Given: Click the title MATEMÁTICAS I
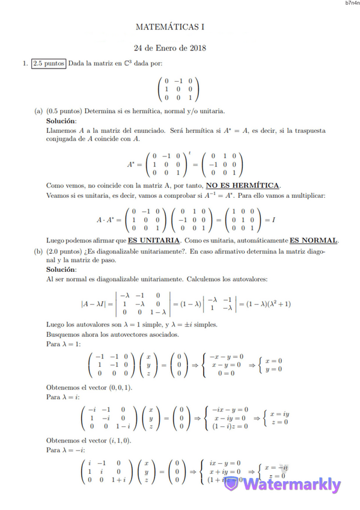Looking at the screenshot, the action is [170, 27].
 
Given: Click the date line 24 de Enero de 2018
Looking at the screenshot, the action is [170, 48].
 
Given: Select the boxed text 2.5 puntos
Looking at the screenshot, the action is [49, 63].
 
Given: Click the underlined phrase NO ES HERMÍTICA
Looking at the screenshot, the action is [243, 185].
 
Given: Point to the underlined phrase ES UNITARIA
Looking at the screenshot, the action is [153, 240].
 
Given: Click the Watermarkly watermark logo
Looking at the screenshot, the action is [282, 485].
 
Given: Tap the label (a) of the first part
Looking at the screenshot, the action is [38, 111].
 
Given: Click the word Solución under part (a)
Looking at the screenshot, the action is [61, 121].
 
